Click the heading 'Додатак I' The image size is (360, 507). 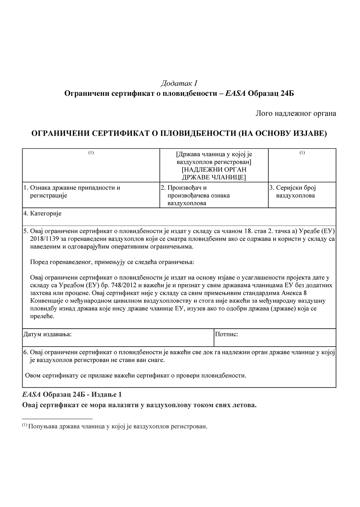point(179,83)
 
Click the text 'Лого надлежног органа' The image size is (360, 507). point(296,114)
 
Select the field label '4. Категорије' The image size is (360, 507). point(42,214)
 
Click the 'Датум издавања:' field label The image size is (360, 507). point(47,334)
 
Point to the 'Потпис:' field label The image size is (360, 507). point(227,334)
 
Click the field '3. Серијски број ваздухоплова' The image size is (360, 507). point(293,192)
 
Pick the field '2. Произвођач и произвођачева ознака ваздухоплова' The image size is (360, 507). point(195,196)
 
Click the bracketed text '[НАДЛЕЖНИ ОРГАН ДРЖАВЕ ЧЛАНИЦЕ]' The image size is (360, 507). point(214,173)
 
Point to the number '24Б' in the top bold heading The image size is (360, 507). point(287,93)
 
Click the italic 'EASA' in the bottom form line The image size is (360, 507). point(31,395)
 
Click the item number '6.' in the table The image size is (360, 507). point(26,352)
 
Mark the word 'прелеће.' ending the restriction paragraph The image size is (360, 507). point(42,316)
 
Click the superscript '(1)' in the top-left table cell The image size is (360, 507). point(91,153)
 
